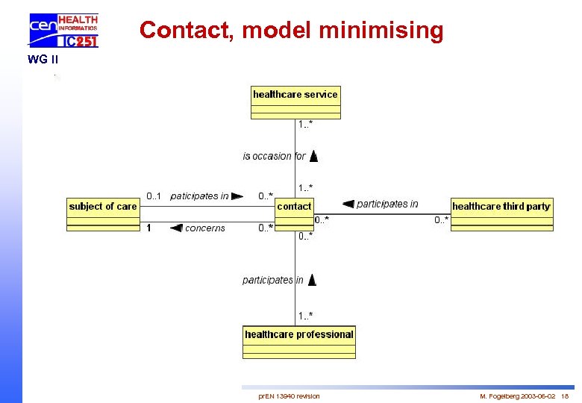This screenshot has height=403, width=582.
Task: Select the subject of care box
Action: coord(103,214)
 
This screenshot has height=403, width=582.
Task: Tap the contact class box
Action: coord(295,214)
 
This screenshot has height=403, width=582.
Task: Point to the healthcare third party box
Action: coord(501,214)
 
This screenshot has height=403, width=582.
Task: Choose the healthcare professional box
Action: coord(299,343)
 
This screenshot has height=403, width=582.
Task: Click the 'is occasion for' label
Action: coord(274,156)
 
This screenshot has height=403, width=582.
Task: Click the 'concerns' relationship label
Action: coord(204,228)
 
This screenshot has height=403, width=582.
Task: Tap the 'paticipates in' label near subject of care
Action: coord(199,196)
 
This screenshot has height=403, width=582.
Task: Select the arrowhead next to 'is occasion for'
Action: coord(313,156)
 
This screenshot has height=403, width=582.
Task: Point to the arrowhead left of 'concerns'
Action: coord(176,228)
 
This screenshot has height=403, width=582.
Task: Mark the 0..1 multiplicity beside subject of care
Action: coord(154,196)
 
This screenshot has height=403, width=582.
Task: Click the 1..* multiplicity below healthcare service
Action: coord(305,124)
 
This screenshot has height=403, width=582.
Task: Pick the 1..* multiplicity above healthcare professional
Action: coord(305,316)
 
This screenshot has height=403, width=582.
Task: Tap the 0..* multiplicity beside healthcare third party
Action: coord(442,219)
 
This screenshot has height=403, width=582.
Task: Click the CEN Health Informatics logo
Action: coord(63,31)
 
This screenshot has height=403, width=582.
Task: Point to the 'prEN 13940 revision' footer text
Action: coord(289,396)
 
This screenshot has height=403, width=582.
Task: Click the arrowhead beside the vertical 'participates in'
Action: coord(312,280)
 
